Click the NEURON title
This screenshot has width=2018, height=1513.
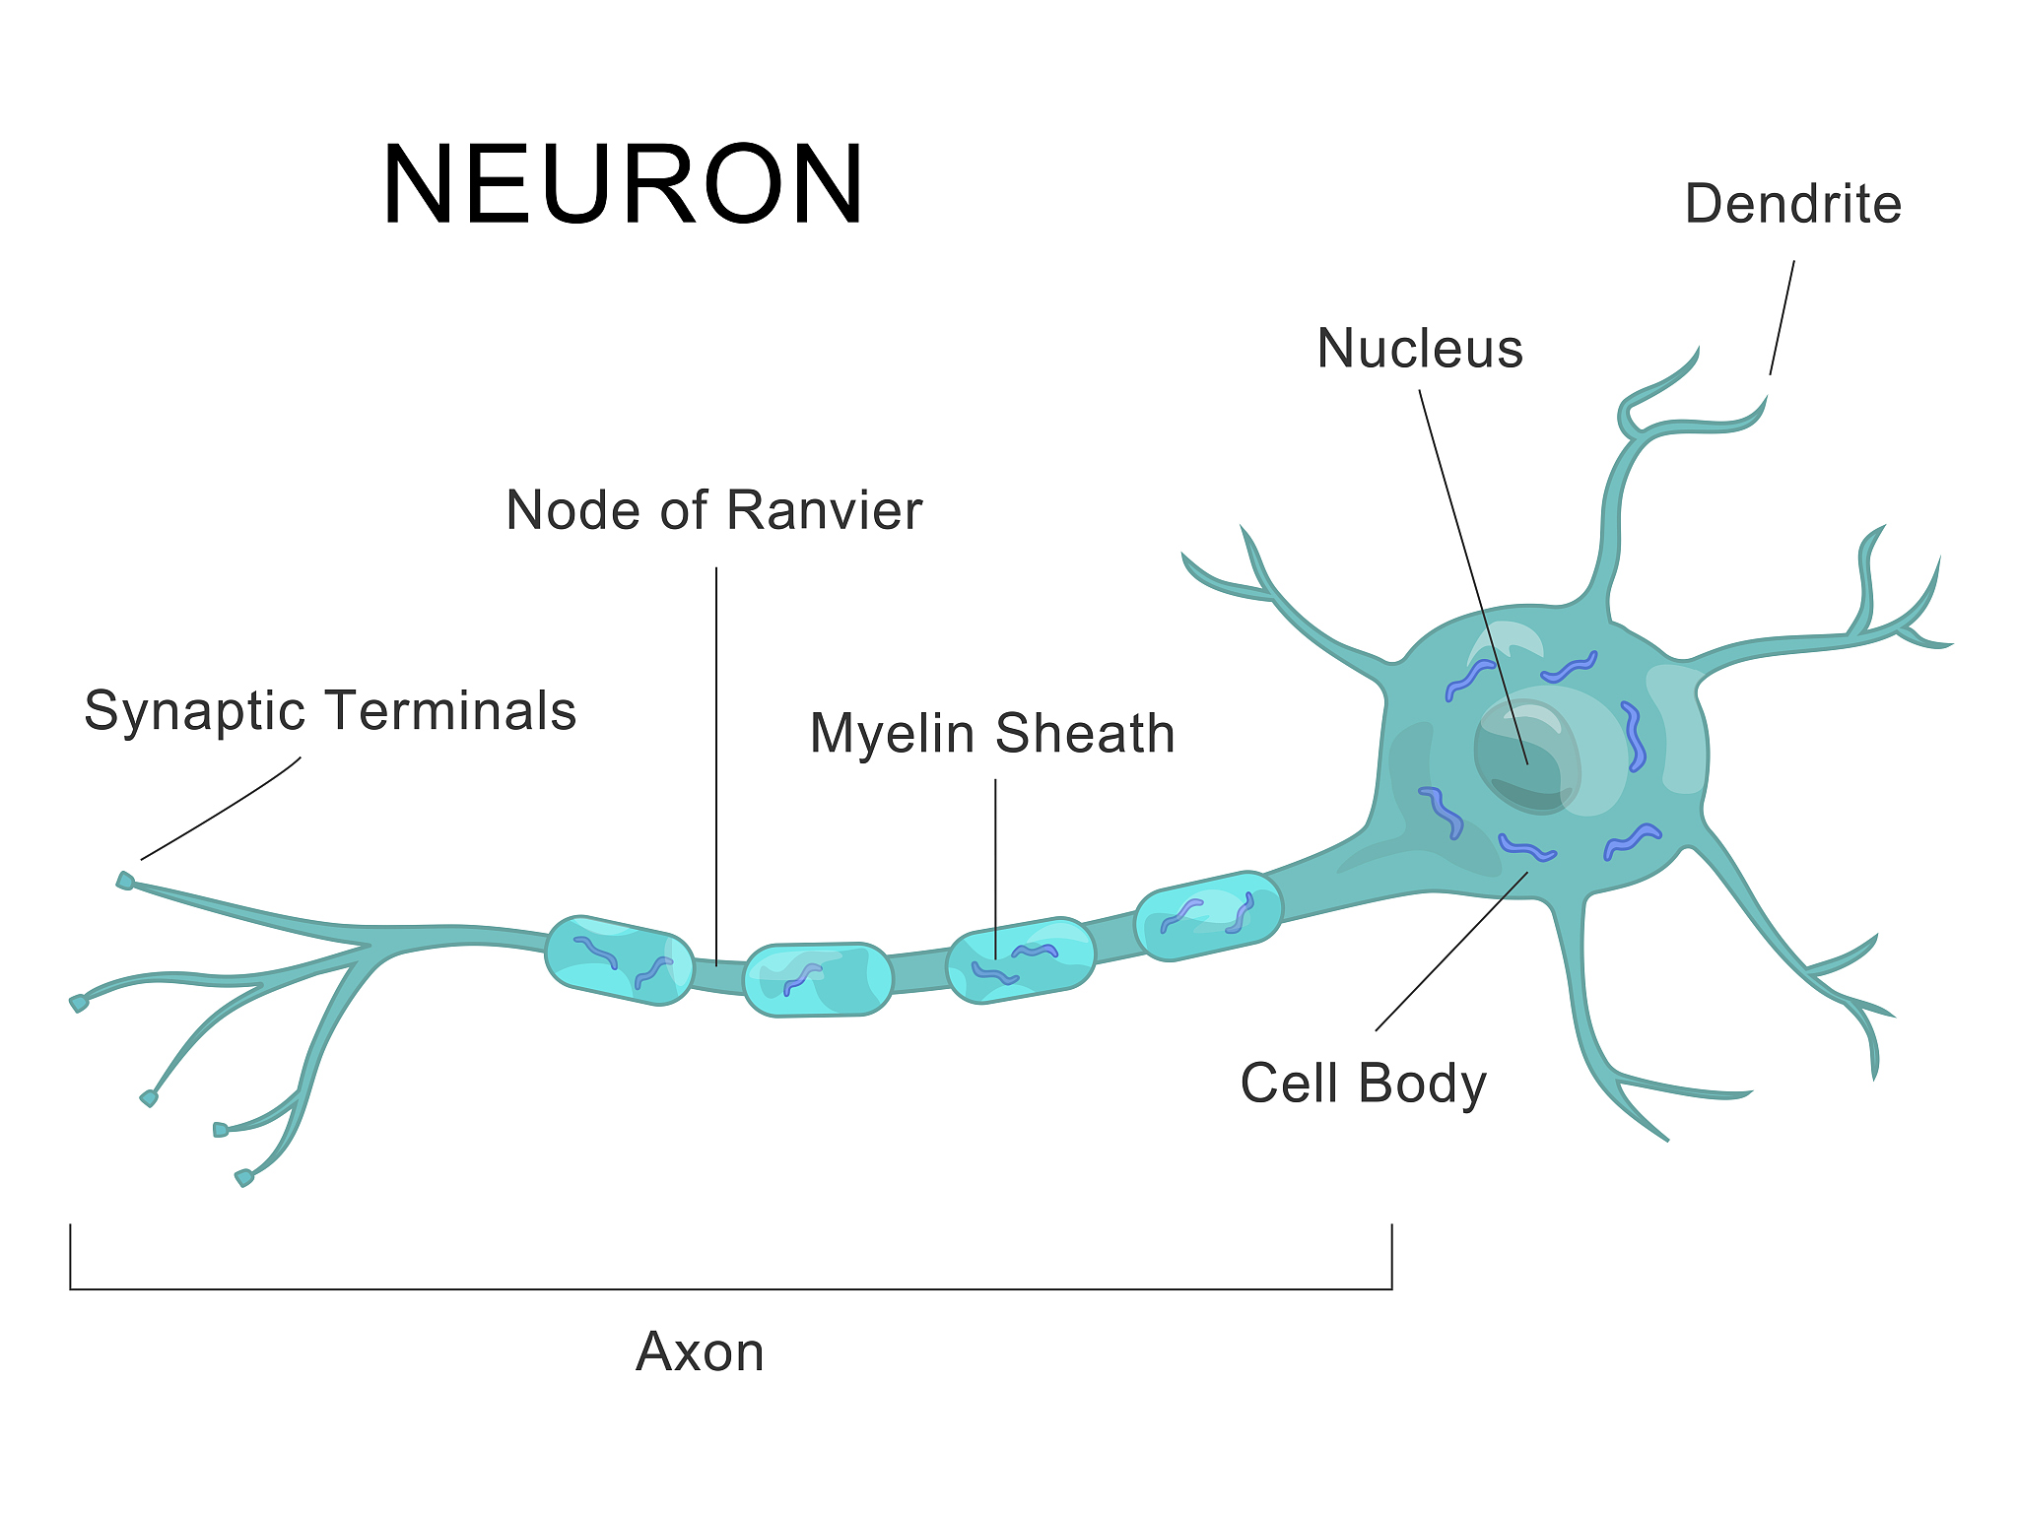coord(623,185)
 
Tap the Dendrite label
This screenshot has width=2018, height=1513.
coord(1792,205)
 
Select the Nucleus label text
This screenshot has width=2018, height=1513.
coord(1420,349)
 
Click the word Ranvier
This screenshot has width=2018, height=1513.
coord(825,510)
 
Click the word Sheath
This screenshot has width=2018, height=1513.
coord(1085,734)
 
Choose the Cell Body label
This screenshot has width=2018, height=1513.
coord(1363,1084)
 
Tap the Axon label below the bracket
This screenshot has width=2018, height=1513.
coord(700,1351)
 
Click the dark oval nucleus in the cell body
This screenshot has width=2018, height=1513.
coord(1525,756)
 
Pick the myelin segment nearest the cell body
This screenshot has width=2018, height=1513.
coord(1208,916)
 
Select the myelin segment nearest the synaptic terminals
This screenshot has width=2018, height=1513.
coord(619,960)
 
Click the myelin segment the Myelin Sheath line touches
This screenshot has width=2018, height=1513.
coord(1021,960)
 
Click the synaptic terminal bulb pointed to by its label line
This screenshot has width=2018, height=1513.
coord(125,881)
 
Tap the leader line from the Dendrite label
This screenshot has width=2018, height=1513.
coord(1782,318)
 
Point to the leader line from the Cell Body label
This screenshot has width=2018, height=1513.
coord(1451,952)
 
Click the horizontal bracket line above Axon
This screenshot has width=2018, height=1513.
coord(729,1288)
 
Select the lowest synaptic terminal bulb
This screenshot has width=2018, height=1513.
coord(243,1177)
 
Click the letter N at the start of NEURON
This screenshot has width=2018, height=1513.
coord(418,185)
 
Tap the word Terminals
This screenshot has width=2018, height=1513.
coord(452,711)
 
